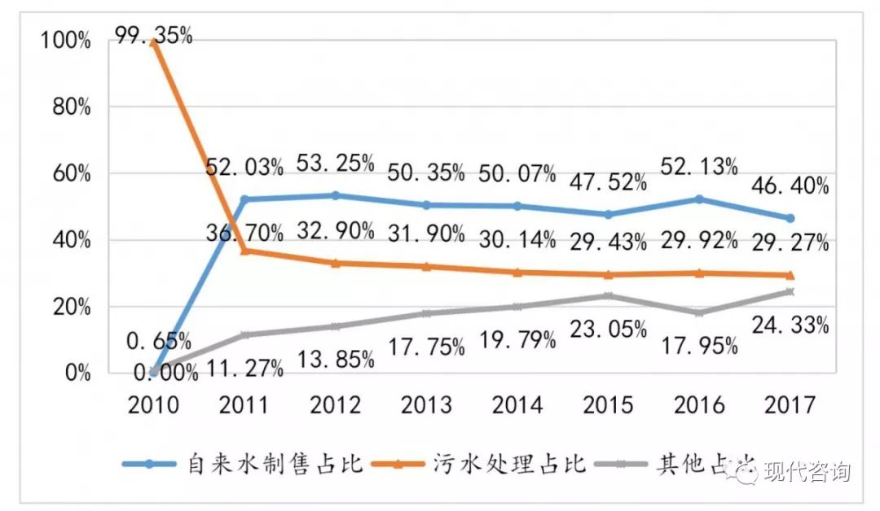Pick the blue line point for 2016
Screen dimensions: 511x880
tap(698, 199)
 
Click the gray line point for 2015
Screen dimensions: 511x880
tap(608, 296)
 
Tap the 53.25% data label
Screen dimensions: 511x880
tap(335, 163)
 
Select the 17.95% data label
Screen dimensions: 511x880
tap(699, 346)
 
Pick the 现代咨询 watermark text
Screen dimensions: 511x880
tap(807, 471)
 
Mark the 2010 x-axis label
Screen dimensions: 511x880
tap(154, 404)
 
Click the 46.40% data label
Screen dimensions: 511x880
tap(789, 186)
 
